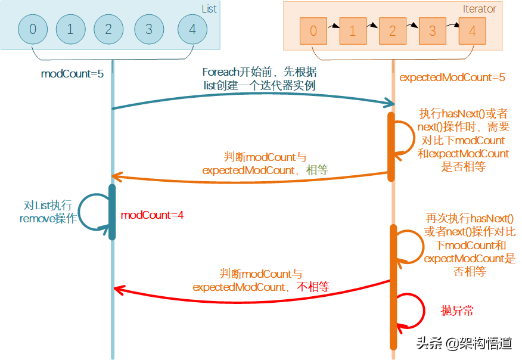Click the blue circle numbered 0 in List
coord(33,29)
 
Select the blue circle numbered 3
coord(148,29)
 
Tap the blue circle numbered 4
coord(192,29)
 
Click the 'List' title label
coord(209,9)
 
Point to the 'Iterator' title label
coord(479,9)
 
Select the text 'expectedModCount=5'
coord(452,77)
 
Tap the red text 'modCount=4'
coord(152,215)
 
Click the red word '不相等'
coord(313,286)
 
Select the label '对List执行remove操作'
coord(48,212)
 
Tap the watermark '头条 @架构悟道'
coord(464,343)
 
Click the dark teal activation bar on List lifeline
coord(112,212)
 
